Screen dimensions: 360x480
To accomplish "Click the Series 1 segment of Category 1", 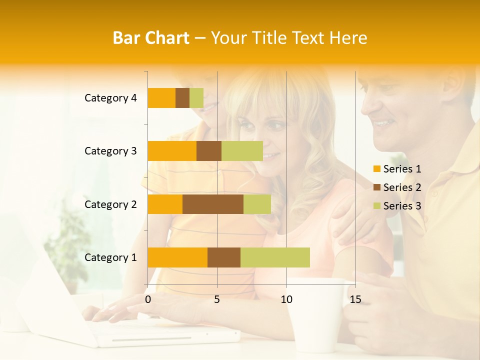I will click(x=177, y=257).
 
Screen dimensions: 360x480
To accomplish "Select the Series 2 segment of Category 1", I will click(x=224, y=257).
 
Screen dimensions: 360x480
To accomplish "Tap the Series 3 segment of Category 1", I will click(x=275, y=257).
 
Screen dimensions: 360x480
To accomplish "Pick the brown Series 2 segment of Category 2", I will click(x=213, y=204).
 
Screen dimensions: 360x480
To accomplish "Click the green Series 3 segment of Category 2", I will click(x=257, y=204).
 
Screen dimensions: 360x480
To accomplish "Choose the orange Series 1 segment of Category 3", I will click(x=172, y=151).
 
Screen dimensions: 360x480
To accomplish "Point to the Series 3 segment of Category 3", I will click(x=242, y=151).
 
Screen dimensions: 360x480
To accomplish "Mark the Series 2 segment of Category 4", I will click(x=182, y=98).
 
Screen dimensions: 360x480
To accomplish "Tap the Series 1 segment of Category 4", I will click(x=161, y=98).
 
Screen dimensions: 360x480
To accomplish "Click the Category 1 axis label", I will click(x=110, y=257).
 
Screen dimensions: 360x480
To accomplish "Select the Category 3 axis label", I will click(x=110, y=151).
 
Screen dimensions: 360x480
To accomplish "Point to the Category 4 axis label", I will click(x=110, y=98).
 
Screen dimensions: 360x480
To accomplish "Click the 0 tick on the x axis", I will click(x=148, y=299).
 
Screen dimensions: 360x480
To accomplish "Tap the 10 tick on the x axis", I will click(x=286, y=299).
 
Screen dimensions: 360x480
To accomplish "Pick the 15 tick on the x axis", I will click(x=355, y=299).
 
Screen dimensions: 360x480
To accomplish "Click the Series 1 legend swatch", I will click(x=376, y=169).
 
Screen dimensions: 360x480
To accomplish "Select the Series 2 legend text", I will click(x=402, y=187).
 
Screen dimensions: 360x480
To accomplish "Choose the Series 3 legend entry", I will click(x=397, y=206).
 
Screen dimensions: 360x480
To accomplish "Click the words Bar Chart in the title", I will click(x=151, y=38).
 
